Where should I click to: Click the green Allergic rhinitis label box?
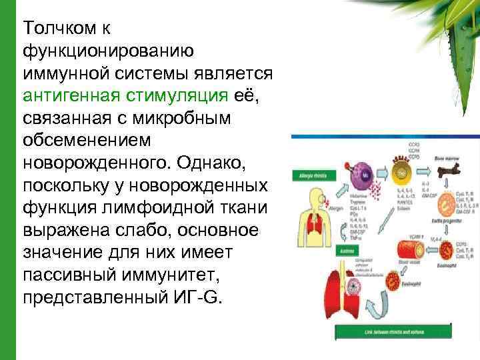pos(309,175)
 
